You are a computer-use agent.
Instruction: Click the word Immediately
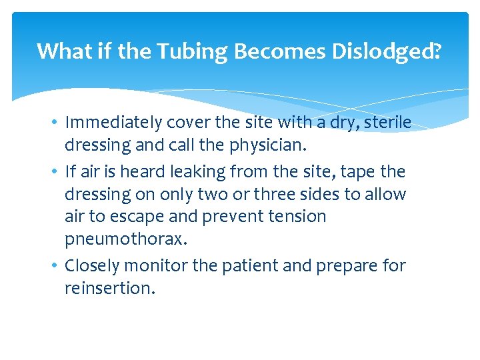pos(113,123)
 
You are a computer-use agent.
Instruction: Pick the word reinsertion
pos(109,289)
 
